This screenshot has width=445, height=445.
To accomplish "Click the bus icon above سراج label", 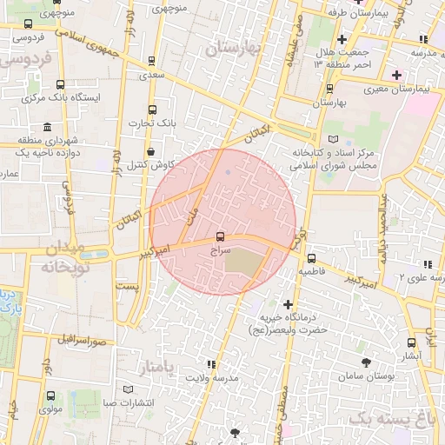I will click(x=220, y=236).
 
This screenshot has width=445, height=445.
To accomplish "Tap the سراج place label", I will click(x=221, y=249).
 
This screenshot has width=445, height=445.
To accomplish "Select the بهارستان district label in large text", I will click(x=234, y=49).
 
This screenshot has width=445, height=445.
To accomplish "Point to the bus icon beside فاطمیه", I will click(x=312, y=258).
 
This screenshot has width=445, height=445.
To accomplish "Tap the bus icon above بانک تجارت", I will click(x=153, y=110).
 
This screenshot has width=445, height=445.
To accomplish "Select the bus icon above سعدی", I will click(x=153, y=62).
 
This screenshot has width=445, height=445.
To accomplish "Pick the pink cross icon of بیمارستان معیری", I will click(x=397, y=75).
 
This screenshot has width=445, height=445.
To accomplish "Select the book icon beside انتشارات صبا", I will click(x=130, y=389).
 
